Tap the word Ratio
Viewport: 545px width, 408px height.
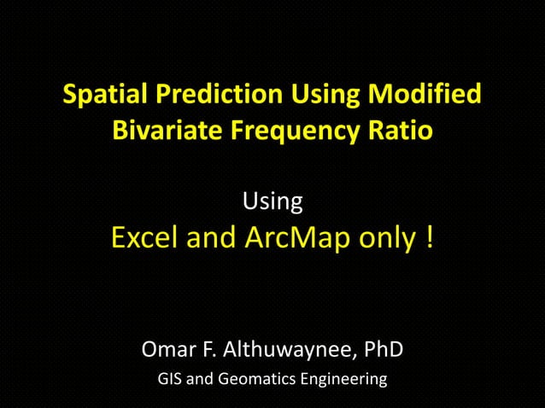pyautogui.click(x=401, y=132)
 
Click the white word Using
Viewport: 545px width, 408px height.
pyautogui.click(x=272, y=203)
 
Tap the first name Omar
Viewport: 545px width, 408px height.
pyautogui.click(x=169, y=350)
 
